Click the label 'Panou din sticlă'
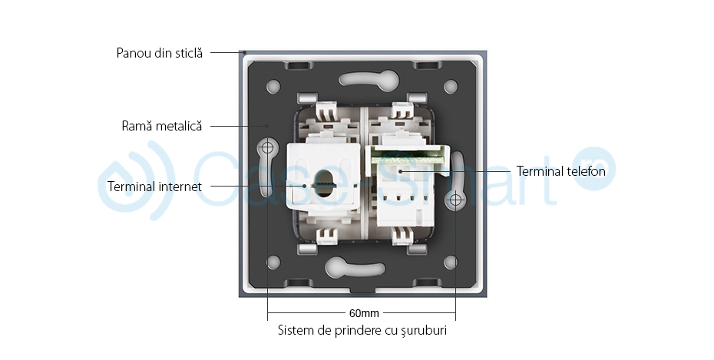coord(160,53)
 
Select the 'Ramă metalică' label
coord(162,125)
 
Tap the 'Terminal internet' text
coord(155,187)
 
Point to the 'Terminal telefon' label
coord(560,171)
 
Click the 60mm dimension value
coord(362,313)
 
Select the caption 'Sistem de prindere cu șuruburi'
coord(362,331)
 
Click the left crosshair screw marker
coord(268,146)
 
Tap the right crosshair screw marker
coord(455,201)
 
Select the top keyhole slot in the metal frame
coord(362,79)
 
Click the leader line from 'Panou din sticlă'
coord(226,53)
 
